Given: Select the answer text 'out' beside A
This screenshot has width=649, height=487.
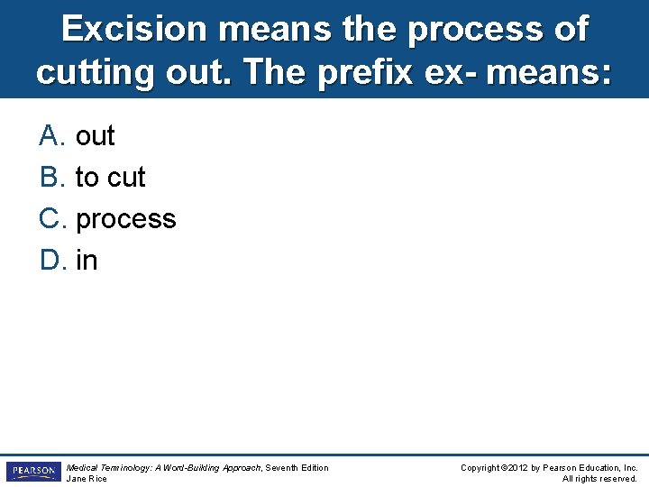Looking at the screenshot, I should coord(96,136).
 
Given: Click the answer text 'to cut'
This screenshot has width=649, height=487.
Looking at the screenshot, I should coord(110,178).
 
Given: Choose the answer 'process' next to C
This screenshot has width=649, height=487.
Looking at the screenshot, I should coord(126,219).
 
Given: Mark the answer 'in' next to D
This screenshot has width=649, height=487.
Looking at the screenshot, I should coord(87,261).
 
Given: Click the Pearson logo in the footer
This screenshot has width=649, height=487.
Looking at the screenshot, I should coord(32,472).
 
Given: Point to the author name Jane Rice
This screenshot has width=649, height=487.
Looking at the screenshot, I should coord(87,478).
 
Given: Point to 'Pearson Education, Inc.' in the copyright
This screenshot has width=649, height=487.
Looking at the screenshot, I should coord(591,467).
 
